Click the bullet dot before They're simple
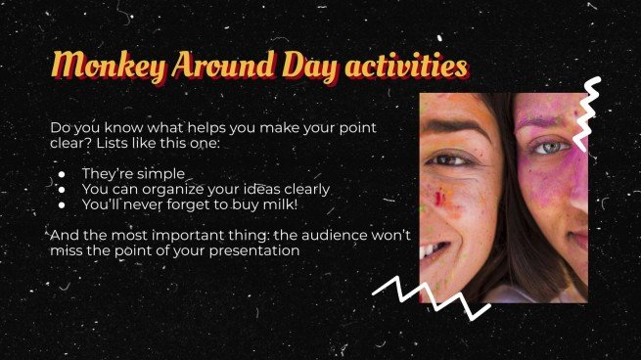coord(61,175)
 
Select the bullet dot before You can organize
coord(61,190)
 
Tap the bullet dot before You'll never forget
coord(61,204)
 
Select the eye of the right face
coord(551,148)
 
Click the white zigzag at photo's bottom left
coord(431,293)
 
